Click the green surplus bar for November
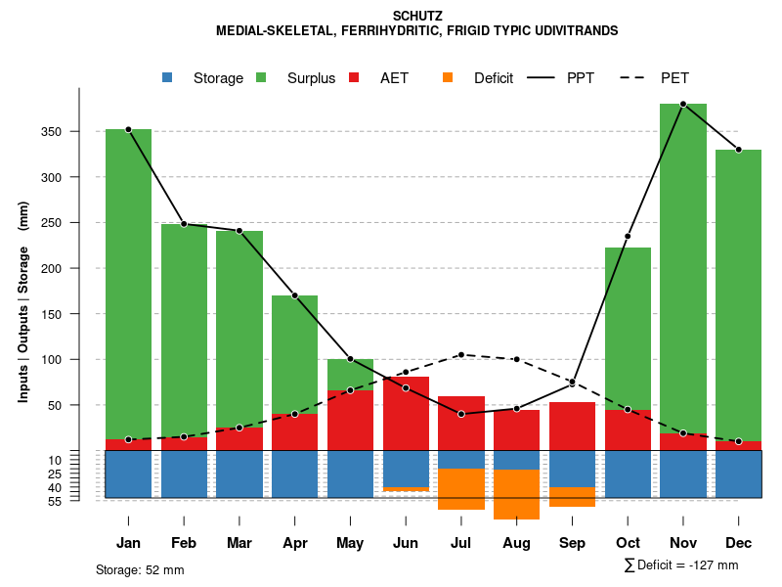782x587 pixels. point(683,264)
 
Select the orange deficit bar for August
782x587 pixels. point(517,494)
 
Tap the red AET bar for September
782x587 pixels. point(572,426)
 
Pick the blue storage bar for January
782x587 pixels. point(128,474)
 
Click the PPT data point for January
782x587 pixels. point(128,129)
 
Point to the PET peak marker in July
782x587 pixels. point(461,355)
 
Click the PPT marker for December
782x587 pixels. point(739,150)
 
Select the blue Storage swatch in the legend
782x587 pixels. point(168,77)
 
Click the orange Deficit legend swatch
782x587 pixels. point(448,77)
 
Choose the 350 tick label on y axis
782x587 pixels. point(78,132)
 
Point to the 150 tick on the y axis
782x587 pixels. point(78,314)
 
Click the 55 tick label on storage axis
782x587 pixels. point(82,501)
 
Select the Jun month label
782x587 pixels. point(406,543)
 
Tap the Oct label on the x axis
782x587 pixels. point(628,543)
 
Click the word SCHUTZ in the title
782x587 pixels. point(417,17)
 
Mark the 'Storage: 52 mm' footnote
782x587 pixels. point(140,569)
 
